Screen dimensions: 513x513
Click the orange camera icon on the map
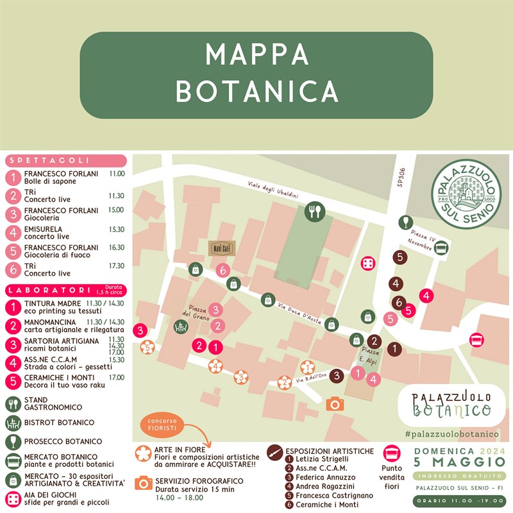334,404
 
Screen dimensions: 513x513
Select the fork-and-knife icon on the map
314,212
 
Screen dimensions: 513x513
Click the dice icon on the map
367,262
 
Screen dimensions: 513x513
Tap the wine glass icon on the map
405,222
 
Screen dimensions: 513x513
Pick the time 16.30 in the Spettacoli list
116,248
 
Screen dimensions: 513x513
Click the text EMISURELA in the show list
43,229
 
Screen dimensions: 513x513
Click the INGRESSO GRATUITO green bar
459,475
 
